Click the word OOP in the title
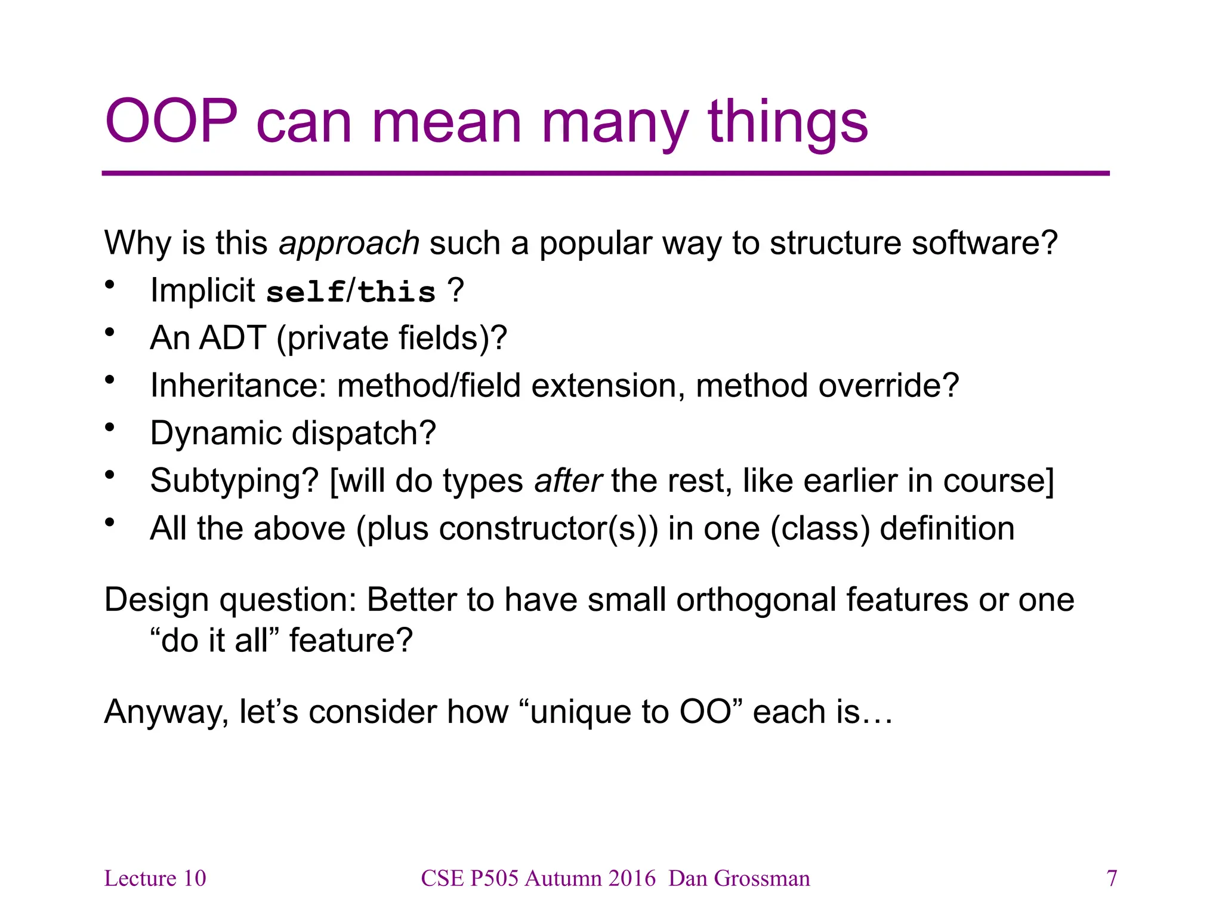click(x=171, y=122)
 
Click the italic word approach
click(x=349, y=244)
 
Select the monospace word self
click(x=305, y=292)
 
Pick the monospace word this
click(x=397, y=292)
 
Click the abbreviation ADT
click(x=233, y=338)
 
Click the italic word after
click(x=568, y=481)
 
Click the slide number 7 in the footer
click(x=1112, y=879)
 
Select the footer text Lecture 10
click(x=155, y=879)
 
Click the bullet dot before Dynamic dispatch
click(x=109, y=427)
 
